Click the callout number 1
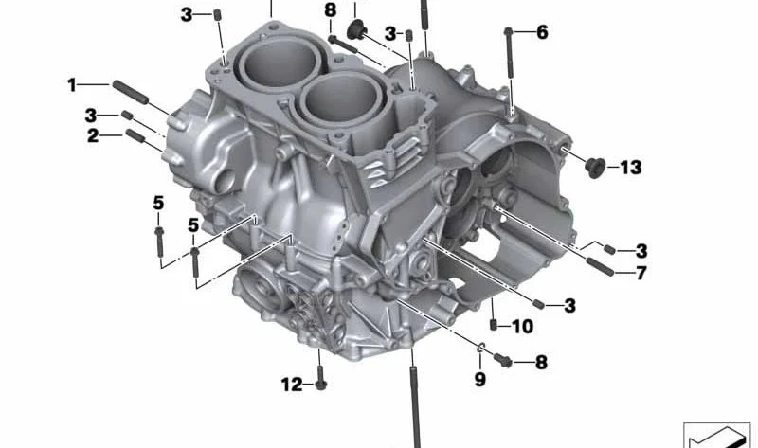[x=72, y=85]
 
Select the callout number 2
[x=93, y=135]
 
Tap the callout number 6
[x=542, y=32]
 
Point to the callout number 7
[x=641, y=273]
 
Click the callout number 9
[x=479, y=380]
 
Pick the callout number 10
[x=523, y=327]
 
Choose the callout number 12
[x=292, y=385]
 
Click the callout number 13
[x=631, y=168]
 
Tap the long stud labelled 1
[x=131, y=92]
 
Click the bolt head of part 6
[x=508, y=32]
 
